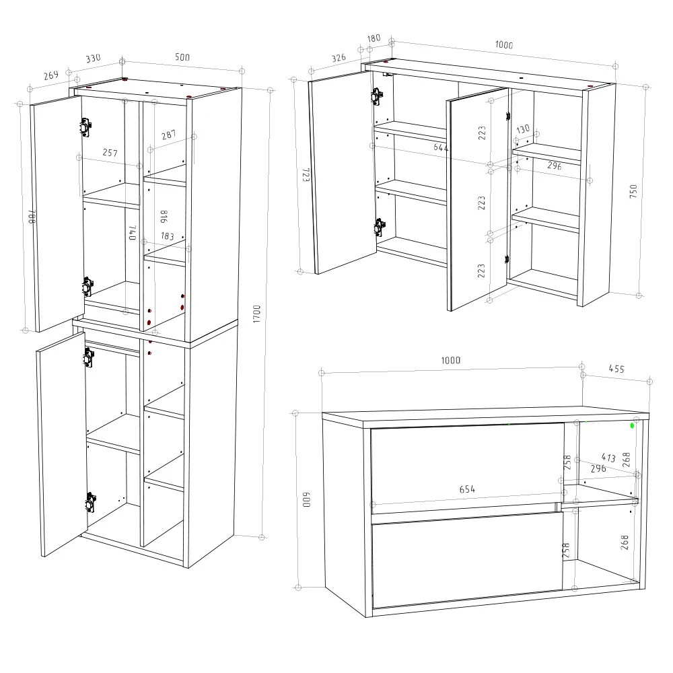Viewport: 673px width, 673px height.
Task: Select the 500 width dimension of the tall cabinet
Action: click(x=182, y=57)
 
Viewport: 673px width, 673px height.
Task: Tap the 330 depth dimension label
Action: click(x=93, y=59)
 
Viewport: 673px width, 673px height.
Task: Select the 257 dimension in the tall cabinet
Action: click(x=110, y=153)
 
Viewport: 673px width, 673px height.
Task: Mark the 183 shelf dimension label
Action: click(x=168, y=236)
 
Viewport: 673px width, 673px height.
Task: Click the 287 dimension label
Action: click(x=168, y=135)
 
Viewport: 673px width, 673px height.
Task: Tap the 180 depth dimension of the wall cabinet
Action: click(x=374, y=38)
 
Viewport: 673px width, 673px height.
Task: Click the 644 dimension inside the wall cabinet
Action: click(x=441, y=147)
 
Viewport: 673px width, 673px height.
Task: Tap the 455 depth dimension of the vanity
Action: click(x=616, y=369)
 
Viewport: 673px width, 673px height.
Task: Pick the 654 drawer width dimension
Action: click(x=467, y=489)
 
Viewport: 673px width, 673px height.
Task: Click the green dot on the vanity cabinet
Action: click(x=633, y=425)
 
